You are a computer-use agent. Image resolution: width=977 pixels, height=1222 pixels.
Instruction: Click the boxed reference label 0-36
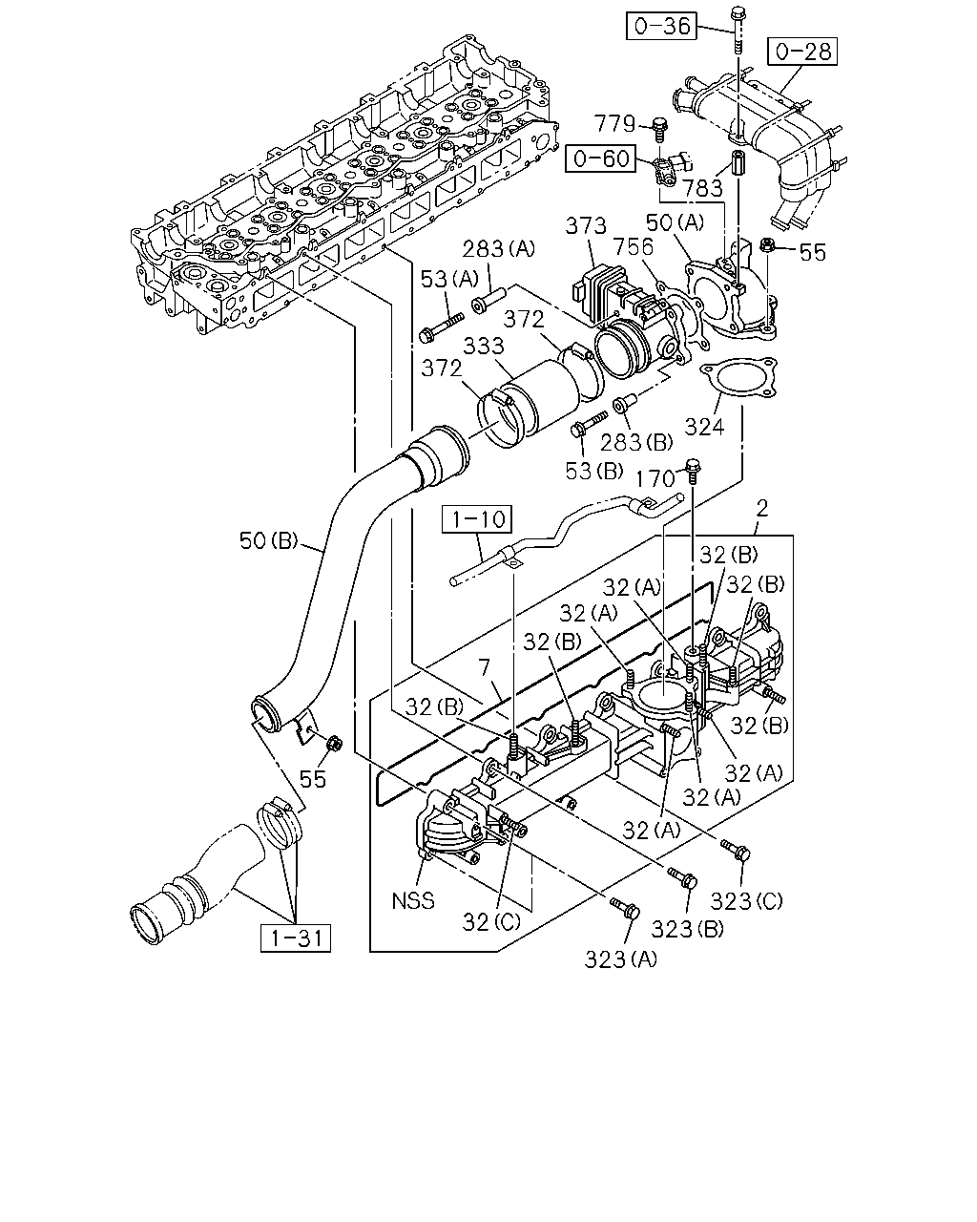click(x=661, y=26)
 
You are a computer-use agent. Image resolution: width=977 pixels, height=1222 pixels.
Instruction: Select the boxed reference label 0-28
click(x=802, y=52)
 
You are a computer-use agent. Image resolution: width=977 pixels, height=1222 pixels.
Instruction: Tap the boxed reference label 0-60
click(x=601, y=158)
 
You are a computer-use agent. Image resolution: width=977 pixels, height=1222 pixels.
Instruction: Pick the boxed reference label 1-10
click(x=477, y=519)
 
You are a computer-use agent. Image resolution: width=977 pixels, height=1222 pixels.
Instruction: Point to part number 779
click(x=614, y=123)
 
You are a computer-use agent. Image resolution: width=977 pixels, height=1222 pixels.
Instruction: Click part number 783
click(x=703, y=188)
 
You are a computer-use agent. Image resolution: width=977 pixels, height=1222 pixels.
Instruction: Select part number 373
click(x=586, y=225)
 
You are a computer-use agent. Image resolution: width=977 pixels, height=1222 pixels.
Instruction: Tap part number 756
click(x=633, y=247)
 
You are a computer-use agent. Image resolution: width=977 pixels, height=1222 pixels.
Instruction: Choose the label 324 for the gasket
click(x=704, y=427)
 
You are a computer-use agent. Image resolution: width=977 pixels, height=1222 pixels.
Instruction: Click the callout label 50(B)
click(x=268, y=540)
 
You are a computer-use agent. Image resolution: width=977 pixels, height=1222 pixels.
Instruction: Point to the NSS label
click(x=413, y=900)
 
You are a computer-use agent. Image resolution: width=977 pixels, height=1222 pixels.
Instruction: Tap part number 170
click(x=655, y=478)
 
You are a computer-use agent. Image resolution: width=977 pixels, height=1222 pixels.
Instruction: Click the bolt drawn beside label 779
click(x=659, y=130)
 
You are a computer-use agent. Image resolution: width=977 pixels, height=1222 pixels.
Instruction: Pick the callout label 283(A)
click(x=498, y=248)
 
